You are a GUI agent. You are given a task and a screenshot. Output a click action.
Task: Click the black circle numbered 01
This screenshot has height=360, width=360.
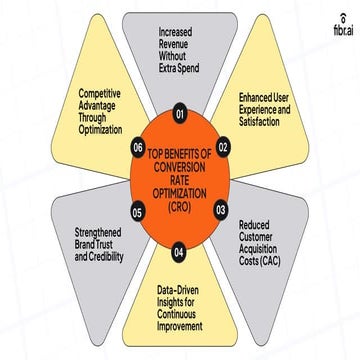click(180, 114)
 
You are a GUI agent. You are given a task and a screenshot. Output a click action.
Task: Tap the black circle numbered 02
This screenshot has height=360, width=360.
click(224, 147)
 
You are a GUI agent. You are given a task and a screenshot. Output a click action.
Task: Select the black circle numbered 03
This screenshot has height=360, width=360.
click(222, 210)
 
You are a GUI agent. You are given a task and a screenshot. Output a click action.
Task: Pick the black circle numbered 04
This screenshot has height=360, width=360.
click(180, 249)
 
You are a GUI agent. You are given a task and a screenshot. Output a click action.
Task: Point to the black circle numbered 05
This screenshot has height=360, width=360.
click(137, 212)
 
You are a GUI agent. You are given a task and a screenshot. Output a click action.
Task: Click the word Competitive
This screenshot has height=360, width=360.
click(102, 102)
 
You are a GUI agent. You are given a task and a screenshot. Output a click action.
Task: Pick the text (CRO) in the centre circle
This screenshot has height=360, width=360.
click(180, 206)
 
